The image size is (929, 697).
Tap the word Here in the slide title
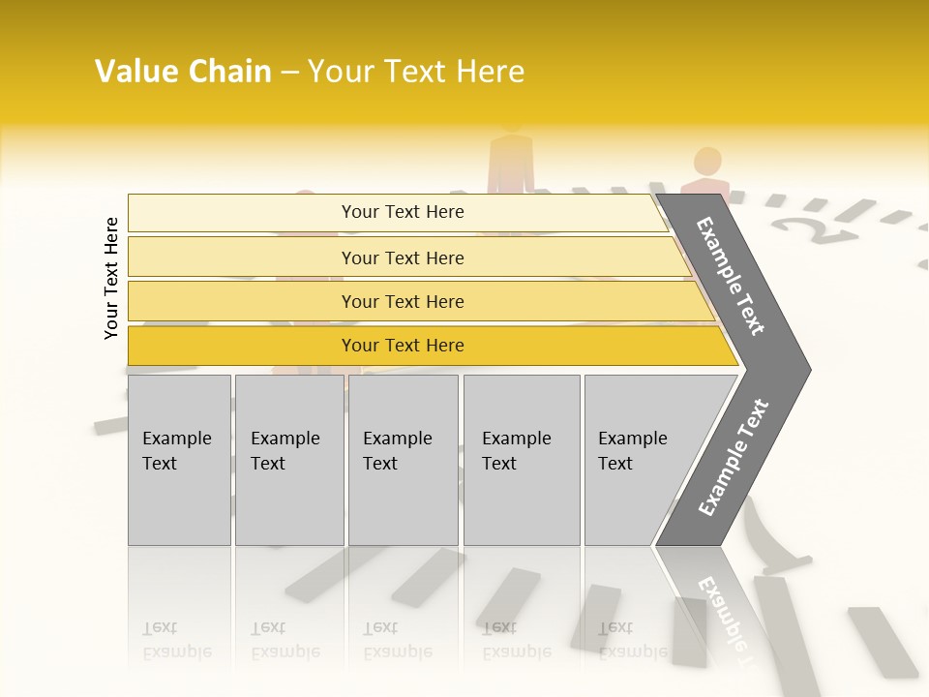click(x=489, y=72)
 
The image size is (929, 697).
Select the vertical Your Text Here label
click(x=111, y=278)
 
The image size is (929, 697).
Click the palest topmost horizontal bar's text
click(x=403, y=212)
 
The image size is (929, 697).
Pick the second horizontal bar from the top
click(x=403, y=258)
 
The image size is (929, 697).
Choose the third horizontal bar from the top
click(x=403, y=302)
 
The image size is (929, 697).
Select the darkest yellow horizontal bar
click(x=403, y=346)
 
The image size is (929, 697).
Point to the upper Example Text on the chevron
click(x=731, y=276)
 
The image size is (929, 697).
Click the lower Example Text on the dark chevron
click(x=734, y=458)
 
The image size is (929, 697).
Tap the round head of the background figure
click(x=707, y=161)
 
